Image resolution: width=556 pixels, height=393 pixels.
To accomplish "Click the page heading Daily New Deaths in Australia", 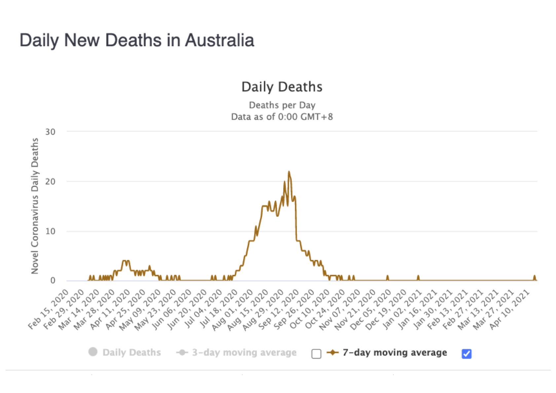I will click(x=137, y=40).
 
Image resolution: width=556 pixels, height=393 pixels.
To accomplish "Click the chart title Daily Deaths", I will click(x=282, y=87).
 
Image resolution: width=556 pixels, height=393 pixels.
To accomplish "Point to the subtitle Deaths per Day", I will click(x=282, y=105).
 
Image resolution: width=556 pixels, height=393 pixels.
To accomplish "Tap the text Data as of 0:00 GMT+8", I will click(x=282, y=117).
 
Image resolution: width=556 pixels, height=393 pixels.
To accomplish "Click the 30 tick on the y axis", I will click(x=50, y=132).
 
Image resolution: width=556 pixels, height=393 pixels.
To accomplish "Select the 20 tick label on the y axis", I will click(x=50, y=182).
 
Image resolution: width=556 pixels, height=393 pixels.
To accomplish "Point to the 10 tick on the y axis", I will click(x=50, y=231).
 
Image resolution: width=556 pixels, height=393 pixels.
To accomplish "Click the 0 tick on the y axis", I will click(x=53, y=281).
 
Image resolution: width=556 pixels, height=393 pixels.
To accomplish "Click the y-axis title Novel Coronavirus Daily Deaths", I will click(x=35, y=206).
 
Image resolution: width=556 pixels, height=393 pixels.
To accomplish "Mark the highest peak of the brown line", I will click(x=289, y=172).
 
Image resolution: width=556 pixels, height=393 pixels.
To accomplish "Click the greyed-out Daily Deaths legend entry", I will click(x=131, y=352).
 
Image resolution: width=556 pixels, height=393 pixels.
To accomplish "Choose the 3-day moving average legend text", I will click(x=244, y=352).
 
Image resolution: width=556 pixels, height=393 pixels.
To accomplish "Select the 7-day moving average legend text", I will click(x=394, y=352).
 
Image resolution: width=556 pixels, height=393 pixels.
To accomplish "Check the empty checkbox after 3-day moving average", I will click(x=316, y=354).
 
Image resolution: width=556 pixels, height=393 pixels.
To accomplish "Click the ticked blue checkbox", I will click(x=466, y=354).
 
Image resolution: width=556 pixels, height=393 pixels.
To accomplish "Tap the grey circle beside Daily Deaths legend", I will click(x=93, y=352).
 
